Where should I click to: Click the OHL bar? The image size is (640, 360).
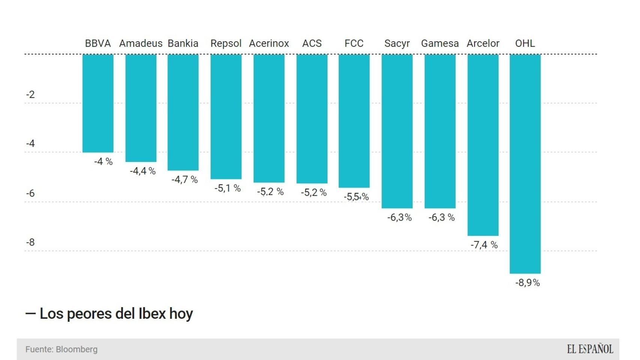525,163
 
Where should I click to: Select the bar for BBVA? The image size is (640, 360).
98,103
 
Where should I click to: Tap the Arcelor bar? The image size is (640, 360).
483,145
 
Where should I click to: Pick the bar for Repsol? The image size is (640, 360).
226,117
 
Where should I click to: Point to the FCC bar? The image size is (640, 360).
354,121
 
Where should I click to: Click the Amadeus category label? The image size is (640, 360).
141,43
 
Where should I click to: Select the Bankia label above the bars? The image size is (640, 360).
183,43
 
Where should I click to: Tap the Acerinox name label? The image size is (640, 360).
269,43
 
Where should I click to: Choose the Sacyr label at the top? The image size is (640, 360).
397,43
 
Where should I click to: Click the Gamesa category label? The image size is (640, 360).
440,43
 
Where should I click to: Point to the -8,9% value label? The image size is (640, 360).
527,283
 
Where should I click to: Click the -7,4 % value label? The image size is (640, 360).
484,245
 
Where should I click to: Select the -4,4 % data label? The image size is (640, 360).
143,171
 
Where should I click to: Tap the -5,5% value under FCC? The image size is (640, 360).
356,196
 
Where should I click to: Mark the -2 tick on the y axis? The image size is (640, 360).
30,94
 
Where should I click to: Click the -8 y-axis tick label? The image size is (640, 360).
30,242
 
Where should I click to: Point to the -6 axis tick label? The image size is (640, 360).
30,193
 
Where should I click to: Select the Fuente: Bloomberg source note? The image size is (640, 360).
62,349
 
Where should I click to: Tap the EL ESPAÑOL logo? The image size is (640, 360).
590,349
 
